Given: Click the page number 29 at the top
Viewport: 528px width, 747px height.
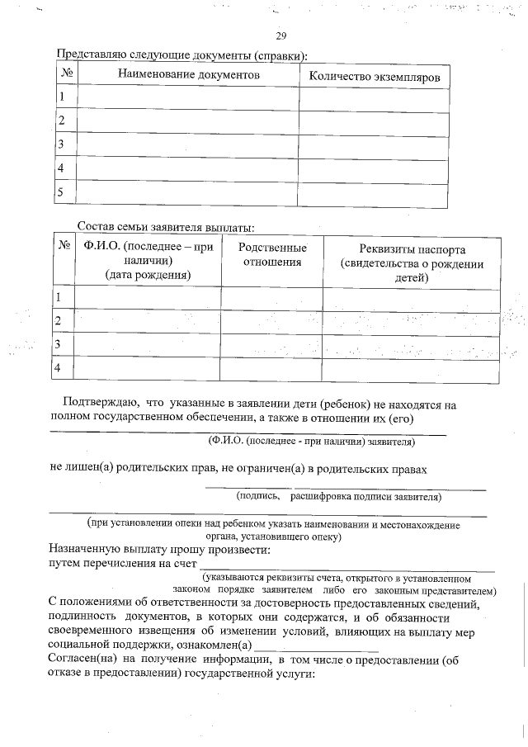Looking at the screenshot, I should point(280,35).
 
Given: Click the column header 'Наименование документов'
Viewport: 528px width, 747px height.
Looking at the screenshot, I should point(189,75).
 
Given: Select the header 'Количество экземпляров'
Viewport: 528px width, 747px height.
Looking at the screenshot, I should point(374,76).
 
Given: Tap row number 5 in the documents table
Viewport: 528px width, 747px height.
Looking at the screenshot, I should point(60,192).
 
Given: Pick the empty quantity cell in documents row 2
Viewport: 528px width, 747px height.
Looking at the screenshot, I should point(374,121).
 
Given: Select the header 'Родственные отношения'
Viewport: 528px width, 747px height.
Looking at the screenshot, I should point(271,255).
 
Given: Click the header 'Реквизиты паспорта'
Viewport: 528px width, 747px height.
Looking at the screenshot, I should point(412,249).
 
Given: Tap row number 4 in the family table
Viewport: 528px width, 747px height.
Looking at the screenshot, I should point(59,367).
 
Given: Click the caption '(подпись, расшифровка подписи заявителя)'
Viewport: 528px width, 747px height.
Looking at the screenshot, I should point(338,497).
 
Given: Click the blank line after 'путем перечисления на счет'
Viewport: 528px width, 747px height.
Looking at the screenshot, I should point(346,568).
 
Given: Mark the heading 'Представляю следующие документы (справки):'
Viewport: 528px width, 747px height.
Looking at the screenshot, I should point(180,55).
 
